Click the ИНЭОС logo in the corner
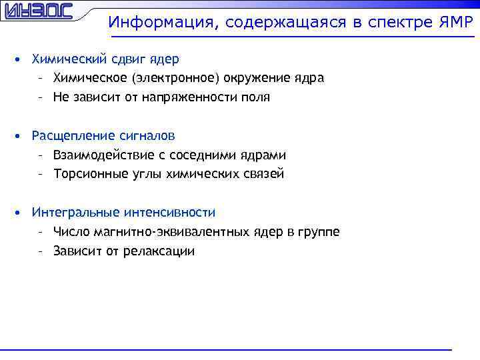point(37,12)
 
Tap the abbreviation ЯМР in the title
point(455,23)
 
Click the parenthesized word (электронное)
point(176,78)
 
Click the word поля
point(256,97)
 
